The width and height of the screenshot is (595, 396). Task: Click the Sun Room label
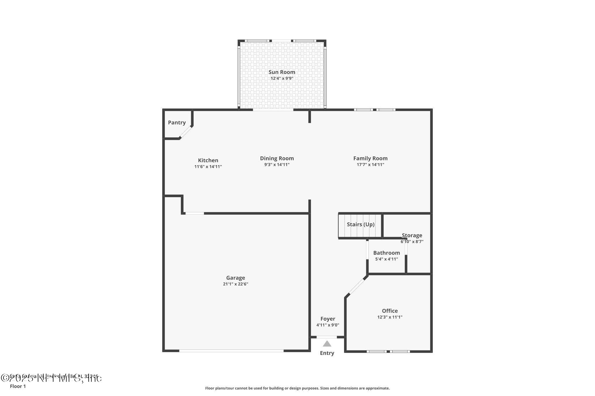(282, 72)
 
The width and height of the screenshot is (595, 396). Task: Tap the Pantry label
(177, 122)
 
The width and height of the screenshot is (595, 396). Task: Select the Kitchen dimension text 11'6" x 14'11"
(208, 167)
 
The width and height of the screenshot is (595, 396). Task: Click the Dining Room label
(277, 158)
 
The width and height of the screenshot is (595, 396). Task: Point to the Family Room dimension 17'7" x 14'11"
(370, 165)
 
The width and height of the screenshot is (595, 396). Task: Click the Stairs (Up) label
(360, 224)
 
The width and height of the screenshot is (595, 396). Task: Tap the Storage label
(412, 235)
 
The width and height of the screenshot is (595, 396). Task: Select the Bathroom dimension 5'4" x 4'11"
(386, 259)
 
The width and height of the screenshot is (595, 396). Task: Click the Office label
(390, 311)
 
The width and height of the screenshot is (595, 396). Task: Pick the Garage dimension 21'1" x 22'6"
(235, 284)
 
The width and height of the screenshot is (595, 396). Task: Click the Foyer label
(327, 319)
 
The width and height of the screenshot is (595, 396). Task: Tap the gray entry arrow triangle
(327, 344)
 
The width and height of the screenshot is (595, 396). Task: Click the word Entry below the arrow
(327, 353)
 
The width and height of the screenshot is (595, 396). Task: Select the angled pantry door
(185, 132)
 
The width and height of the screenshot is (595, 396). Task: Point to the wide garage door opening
(231, 351)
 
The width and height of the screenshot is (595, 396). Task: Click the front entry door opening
(327, 337)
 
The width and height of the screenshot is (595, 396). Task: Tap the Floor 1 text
(18, 386)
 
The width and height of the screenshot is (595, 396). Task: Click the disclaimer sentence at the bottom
(297, 388)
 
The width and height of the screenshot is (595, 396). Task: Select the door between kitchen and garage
(194, 213)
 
